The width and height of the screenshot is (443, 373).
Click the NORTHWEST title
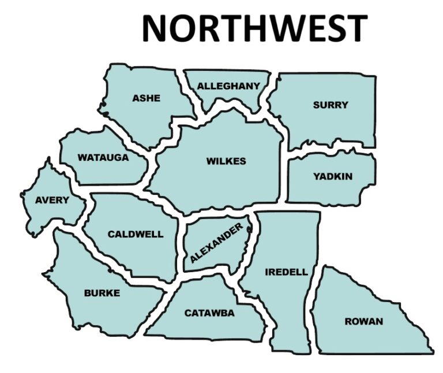[254, 27]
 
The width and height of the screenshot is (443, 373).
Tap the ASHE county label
[147, 98]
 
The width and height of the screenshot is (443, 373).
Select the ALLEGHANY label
[228, 86]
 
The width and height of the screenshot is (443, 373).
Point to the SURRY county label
[331, 105]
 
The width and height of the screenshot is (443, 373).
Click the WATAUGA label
[103, 157]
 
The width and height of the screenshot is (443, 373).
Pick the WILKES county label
[226, 161]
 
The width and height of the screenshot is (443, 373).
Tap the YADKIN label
[333, 176]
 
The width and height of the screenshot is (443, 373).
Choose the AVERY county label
[52, 201]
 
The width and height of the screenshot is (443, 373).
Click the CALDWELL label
[136, 235]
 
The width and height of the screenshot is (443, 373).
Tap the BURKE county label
[102, 293]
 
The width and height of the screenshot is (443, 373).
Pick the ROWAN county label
[363, 321]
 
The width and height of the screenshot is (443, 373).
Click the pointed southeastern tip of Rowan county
[431, 352]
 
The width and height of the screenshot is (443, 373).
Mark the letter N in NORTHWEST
[156, 28]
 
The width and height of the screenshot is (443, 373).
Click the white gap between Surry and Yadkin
[329, 150]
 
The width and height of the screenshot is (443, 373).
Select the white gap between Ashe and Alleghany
[187, 92]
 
